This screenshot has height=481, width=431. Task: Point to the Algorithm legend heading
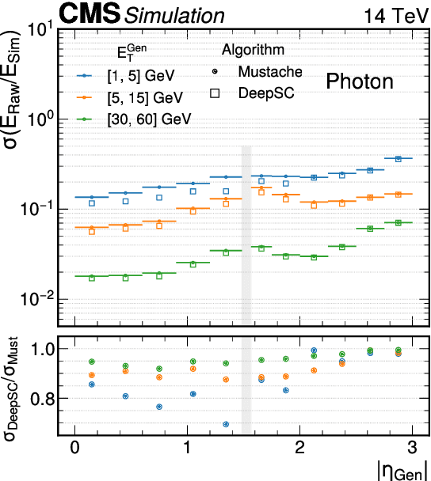253,50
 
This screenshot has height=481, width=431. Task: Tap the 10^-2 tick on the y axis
39,300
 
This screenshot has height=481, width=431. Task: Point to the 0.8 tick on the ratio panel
42,400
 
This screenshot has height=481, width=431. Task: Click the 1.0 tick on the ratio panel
42,349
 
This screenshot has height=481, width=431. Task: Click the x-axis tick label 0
74,447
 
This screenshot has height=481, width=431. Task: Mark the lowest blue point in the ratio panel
227,424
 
